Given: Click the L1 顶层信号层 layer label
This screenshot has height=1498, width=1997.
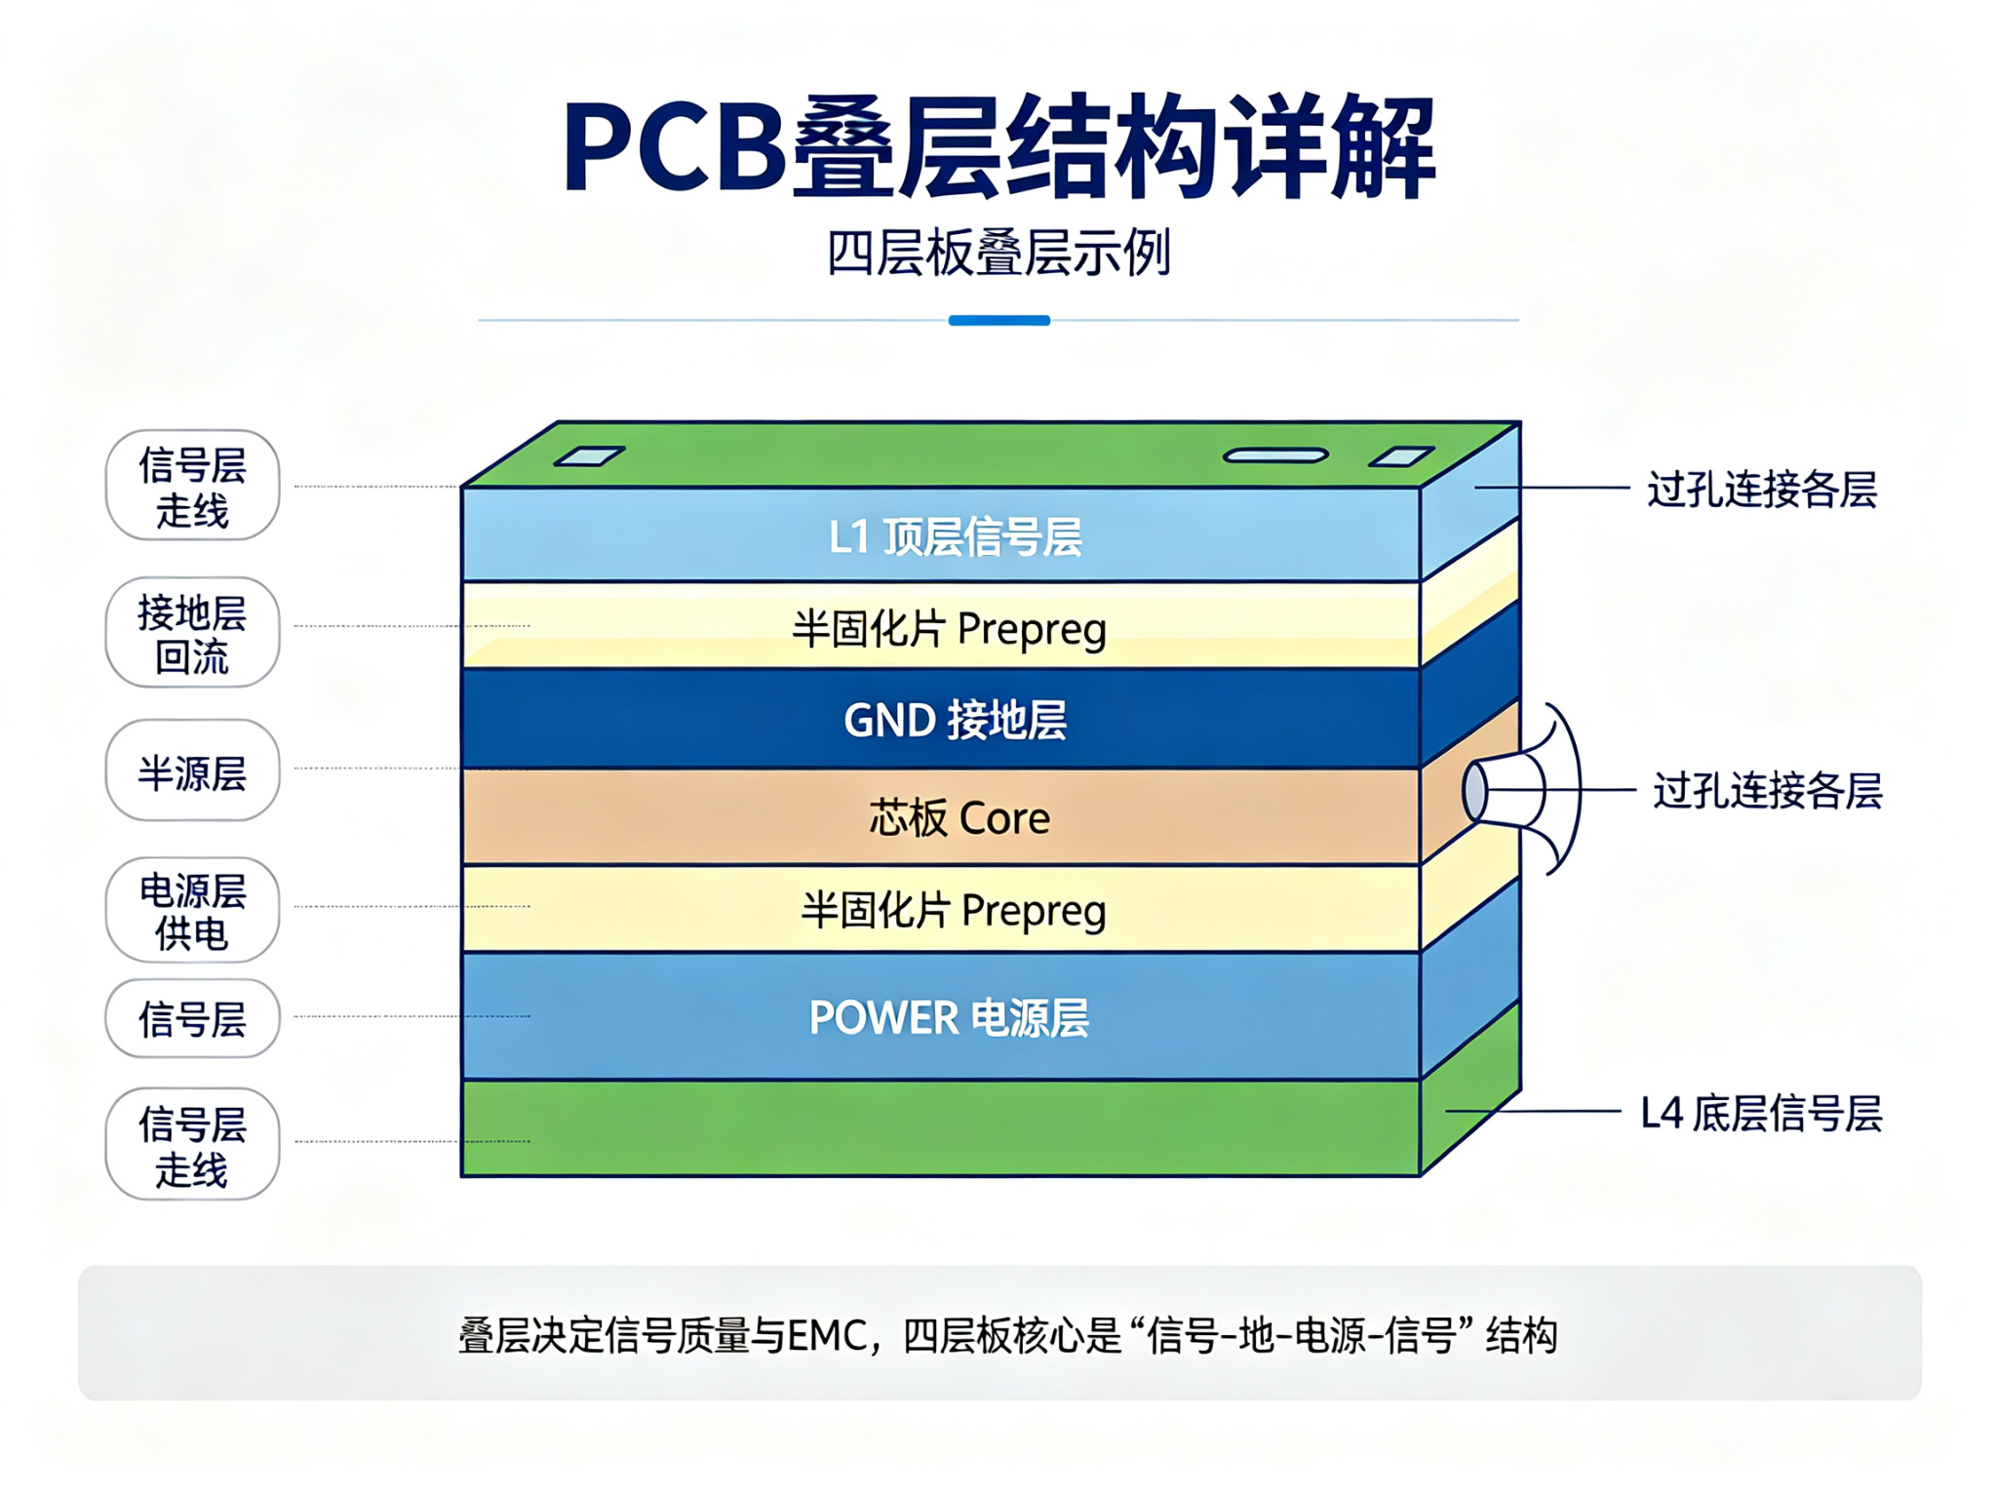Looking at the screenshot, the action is (956, 537).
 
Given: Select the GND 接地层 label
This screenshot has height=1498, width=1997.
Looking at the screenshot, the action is (956, 721).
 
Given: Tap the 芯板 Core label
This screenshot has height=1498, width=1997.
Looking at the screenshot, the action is (959, 817).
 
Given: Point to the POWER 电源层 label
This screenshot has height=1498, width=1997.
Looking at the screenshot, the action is (949, 1018).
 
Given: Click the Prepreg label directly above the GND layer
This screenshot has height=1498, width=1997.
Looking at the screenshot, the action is (949, 629).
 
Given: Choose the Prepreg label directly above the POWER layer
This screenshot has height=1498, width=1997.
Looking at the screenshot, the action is (954, 910).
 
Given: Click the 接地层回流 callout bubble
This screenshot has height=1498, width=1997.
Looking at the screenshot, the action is (192, 633).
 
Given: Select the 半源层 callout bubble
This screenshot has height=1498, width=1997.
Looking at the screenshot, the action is (192, 770).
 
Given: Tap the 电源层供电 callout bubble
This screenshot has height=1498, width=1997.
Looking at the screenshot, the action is (192, 911).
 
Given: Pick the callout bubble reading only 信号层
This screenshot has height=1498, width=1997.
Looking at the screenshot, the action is (192, 1019).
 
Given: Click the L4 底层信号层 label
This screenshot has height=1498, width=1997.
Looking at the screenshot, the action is (1761, 1113).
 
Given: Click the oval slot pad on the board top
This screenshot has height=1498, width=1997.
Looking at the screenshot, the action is (1275, 455).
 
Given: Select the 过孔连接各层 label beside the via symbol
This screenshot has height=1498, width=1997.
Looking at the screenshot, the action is (1767, 790).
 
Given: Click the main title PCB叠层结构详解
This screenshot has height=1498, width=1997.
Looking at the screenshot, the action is (998, 147).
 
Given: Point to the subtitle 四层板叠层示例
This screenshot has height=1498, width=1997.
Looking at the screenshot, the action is (998, 254).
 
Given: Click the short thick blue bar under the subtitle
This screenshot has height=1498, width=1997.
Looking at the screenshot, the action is (998, 320).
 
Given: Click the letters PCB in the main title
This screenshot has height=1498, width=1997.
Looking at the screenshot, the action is (675, 147).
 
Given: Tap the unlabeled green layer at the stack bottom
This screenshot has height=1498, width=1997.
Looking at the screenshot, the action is (941, 1128).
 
